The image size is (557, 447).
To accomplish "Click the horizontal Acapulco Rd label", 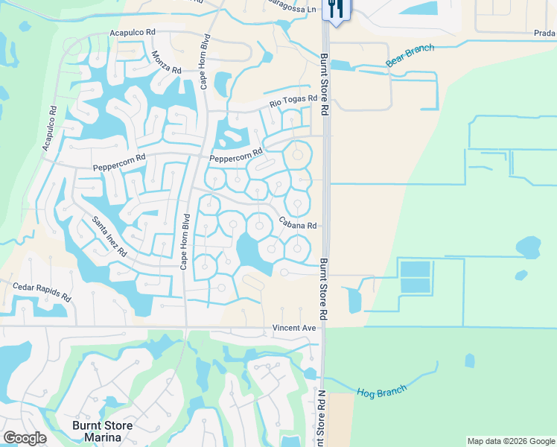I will pos(132,33).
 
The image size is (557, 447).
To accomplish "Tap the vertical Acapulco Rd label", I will pos(49,128).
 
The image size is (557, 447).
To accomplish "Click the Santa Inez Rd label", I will pos(109,236).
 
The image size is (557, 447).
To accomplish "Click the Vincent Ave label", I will pos(294,328).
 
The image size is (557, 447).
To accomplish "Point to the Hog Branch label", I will pos(382,391).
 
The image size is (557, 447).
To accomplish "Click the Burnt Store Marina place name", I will pos(102,431).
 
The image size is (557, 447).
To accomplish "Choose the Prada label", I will pos(544,33).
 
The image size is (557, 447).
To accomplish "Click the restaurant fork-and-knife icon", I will pos(334,9).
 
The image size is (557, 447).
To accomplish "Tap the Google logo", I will pos(25,438).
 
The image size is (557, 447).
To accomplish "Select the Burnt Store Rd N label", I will pos(322,418).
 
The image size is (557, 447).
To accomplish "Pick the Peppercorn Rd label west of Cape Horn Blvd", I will pos(119,163).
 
